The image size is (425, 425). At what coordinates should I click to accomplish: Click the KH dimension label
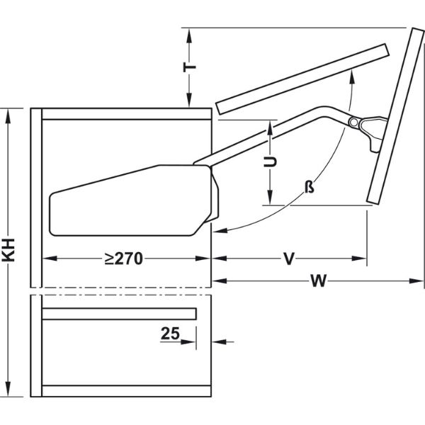pyautogui.click(x=8, y=250)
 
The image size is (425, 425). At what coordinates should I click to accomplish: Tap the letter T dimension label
pyautogui.click(x=189, y=67)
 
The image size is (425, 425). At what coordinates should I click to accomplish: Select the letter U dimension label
pyautogui.click(x=271, y=161)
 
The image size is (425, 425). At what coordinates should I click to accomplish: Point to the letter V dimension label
pyautogui.click(x=289, y=259)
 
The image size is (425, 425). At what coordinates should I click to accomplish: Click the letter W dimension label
pyautogui.click(x=318, y=280)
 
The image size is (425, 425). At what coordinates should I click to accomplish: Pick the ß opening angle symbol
pyautogui.click(x=310, y=187)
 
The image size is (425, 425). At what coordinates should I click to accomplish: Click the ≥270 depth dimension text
pyautogui.click(x=123, y=259)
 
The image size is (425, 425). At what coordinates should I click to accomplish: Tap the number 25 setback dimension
pyautogui.click(x=170, y=333)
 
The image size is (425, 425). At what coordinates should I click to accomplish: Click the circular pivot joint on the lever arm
pyautogui.click(x=353, y=123)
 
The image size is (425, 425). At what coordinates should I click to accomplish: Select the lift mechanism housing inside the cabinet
pyautogui.click(x=134, y=200)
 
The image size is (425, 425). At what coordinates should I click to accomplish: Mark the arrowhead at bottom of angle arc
pyautogui.click(x=220, y=231)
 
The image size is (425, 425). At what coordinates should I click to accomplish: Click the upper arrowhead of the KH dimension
pyautogui.click(x=8, y=115)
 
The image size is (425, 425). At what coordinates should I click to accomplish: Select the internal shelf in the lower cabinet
pyautogui.click(x=119, y=314)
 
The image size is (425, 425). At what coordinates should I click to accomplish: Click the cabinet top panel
pyautogui.click(x=127, y=114)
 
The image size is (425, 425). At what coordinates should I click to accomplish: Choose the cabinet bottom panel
pyautogui.click(x=127, y=391)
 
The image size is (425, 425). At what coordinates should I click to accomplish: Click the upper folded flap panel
pyautogui.click(x=302, y=79)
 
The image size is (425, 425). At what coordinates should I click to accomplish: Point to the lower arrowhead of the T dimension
pyautogui.click(x=189, y=101)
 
